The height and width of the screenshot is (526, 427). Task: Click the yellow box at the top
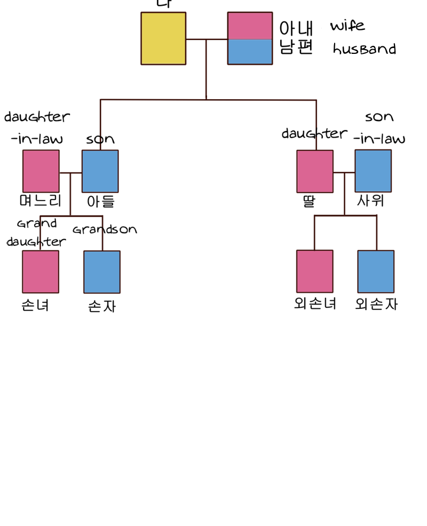pos(163,38)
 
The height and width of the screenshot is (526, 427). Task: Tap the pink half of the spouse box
pos(250,26)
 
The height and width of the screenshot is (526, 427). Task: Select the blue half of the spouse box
pos(250,52)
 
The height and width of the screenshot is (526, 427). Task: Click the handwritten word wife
pos(347,26)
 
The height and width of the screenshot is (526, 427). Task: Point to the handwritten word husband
pos(365,49)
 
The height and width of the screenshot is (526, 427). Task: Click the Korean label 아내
pos(296,28)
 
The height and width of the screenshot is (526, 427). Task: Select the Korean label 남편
pos(296,47)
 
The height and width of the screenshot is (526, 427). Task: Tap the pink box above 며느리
pos(41,171)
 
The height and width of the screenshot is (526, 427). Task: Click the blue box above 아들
pos(100,171)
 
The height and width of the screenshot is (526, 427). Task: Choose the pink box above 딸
pos(315,171)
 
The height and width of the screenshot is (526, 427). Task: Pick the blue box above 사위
pos(373,171)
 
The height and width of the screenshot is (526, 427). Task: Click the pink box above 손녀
pos(41,272)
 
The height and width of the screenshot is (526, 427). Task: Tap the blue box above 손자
pos(102,272)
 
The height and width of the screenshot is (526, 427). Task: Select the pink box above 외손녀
pos(315,271)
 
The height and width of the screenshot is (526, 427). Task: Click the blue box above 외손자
pos(376,271)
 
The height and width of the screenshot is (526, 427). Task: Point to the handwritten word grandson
pos(105,230)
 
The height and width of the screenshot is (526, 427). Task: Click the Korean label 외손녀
pos(315,304)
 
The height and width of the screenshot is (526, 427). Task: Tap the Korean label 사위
pos(371,201)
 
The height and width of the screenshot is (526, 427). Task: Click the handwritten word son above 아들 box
pos(100,140)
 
